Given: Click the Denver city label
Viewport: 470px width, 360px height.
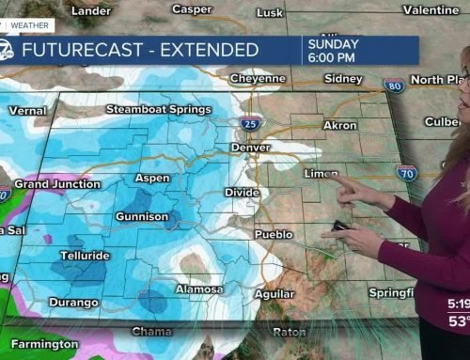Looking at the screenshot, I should pyautogui.click(x=251, y=148).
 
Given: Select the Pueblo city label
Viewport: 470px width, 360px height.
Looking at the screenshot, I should pyautogui.click(x=273, y=233).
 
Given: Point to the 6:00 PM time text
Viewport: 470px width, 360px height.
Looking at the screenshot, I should pyautogui.click(x=333, y=55).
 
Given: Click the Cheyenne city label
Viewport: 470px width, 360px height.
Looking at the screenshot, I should pyautogui.click(x=258, y=78).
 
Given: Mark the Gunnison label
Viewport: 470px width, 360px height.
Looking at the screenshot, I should pyautogui.click(x=141, y=216).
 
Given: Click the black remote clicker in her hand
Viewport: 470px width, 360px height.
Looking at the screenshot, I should pyautogui.click(x=338, y=227).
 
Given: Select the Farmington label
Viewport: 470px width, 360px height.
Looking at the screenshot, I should pyautogui.click(x=45, y=344).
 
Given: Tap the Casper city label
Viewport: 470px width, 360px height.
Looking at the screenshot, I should pyautogui.click(x=191, y=8).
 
